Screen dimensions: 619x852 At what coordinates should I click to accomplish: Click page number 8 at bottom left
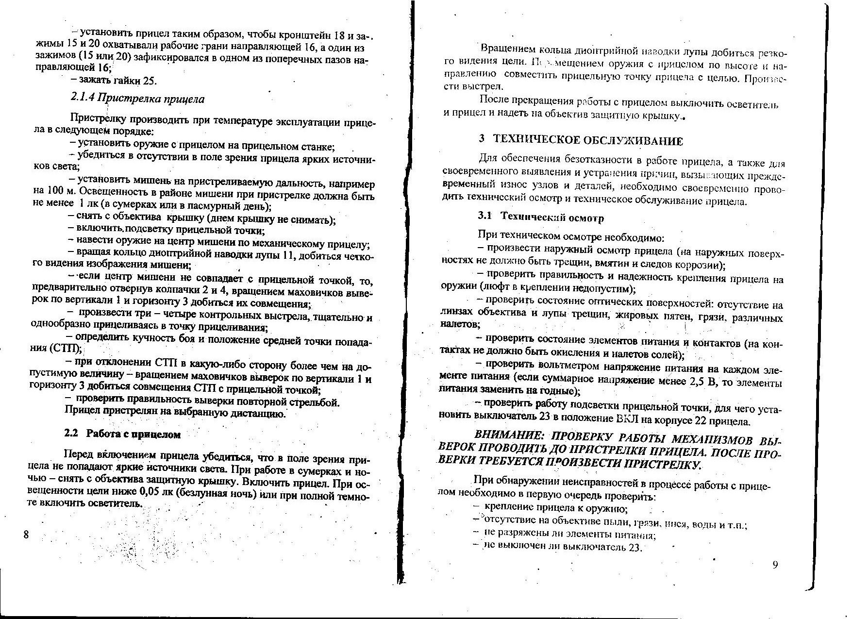click(26, 535)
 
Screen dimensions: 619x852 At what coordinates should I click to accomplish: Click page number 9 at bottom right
click(775, 564)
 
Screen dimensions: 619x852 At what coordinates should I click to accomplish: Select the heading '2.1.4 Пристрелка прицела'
click(137, 99)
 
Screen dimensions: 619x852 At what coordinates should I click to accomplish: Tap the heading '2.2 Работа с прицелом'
click(122, 434)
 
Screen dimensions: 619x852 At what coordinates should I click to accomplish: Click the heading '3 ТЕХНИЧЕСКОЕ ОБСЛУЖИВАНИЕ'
click(581, 140)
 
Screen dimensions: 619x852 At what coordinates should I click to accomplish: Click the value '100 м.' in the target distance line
click(59, 190)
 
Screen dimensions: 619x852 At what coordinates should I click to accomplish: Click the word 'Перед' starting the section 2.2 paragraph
click(79, 455)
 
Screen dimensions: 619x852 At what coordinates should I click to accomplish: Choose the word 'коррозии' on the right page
click(698, 265)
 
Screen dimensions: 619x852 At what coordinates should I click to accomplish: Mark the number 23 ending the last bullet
click(635, 548)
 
